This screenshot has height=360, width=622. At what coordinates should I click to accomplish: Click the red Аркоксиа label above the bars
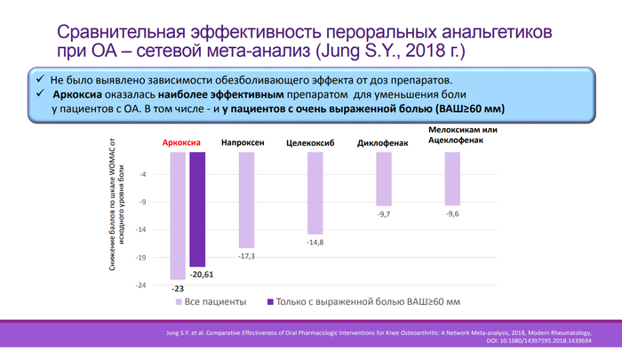click(181, 142)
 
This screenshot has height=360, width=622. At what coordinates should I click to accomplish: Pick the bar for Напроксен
click(246, 200)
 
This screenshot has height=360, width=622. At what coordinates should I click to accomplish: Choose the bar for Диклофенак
click(384, 179)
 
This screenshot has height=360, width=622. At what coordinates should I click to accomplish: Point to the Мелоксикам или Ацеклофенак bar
click(452, 179)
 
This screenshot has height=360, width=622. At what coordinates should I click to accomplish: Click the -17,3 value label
click(246, 256)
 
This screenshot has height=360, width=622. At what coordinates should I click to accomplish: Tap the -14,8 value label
click(315, 242)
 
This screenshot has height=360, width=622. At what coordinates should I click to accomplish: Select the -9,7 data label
click(384, 214)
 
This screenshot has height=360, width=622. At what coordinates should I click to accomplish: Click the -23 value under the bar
click(177, 288)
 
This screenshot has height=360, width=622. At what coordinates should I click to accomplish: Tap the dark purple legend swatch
click(269, 301)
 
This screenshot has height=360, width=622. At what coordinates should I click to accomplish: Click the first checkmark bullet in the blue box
click(42, 79)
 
